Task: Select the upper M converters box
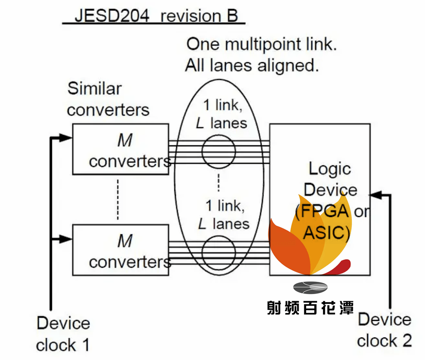[x=121, y=149]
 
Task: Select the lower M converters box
[x=121, y=250]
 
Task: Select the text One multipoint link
[x=262, y=44]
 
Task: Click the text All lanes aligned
[x=252, y=66]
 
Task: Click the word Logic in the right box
[x=330, y=169]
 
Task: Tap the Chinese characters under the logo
[x=310, y=308]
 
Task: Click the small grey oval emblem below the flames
[x=310, y=287]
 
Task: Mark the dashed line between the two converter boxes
[x=118, y=199]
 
